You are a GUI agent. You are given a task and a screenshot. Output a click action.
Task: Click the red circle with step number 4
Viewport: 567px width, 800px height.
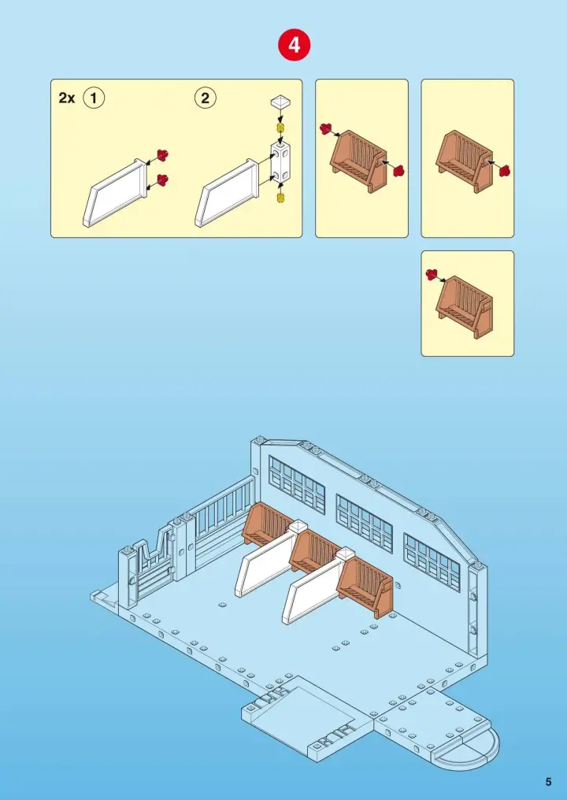(x=294, y=45)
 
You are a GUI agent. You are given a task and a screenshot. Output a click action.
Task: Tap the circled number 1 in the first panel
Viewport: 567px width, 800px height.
(x=94, y=98)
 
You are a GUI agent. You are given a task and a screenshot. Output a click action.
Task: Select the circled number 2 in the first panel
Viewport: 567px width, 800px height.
(x=206, y=98)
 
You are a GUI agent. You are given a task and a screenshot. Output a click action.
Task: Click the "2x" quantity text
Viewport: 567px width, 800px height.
(x=67, y=98)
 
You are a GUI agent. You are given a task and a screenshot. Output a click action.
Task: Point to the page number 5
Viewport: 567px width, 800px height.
(x=549, y=782)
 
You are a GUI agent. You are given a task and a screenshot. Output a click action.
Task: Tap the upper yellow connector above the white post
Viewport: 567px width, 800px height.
(x=280, y=127)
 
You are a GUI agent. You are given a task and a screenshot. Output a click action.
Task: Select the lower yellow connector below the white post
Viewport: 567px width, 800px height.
(x=280, y=198)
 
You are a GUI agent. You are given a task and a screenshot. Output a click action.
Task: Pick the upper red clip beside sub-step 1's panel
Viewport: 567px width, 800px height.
(x=163, y=154)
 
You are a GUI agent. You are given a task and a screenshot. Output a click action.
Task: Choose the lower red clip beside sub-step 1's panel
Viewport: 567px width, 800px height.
(x=163, y=179)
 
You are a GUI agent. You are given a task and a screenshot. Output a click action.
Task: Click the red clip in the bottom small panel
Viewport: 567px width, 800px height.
(x=432, y=275)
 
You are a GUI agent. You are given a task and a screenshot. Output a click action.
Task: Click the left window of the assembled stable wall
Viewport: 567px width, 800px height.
(x=297, y=485)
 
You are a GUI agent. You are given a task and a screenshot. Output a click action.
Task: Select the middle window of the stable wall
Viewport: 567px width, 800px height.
(x=365, y=524)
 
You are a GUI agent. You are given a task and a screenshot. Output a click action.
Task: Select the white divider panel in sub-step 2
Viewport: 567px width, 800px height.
(x=226, y=193)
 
